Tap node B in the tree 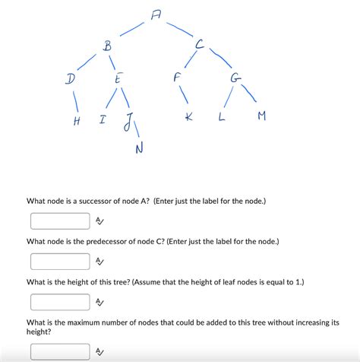click(107, 47)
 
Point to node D click(70, 79)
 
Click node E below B click(117, 79)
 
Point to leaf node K click(188, 117)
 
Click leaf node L click(222, 116)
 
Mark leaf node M click(262, 116)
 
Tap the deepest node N click(139, 148)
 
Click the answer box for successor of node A click(60, 221)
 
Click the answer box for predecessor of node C click(60, 262)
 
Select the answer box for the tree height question click(60, 302)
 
